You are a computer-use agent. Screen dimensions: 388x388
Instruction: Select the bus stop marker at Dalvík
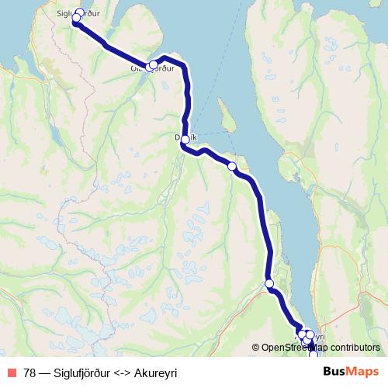(185, 139)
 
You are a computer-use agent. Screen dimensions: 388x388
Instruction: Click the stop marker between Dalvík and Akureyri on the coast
(232, 166)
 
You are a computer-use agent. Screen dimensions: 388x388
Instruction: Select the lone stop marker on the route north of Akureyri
(270, 283)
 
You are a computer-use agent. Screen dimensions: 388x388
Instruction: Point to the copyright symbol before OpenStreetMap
(255, 348)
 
